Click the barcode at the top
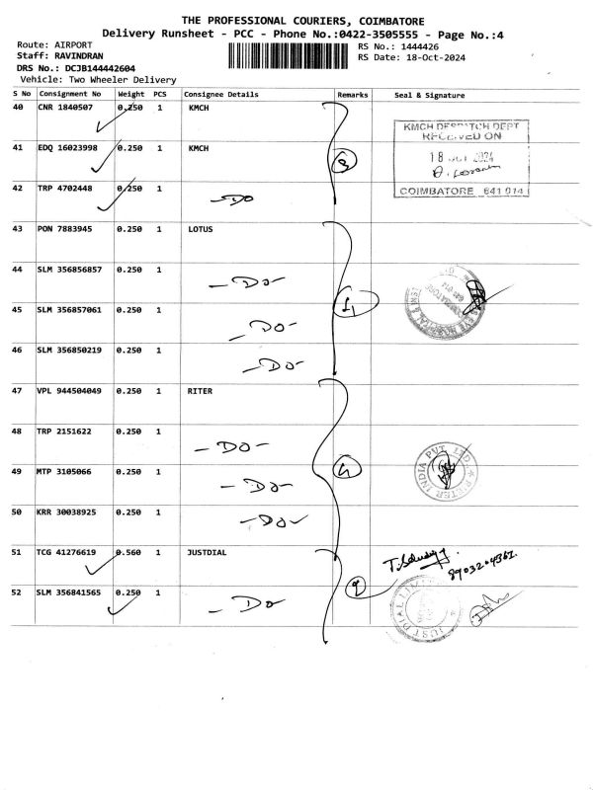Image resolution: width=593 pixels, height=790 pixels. [290, 55]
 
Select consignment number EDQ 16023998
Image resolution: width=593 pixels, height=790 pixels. [67, 148]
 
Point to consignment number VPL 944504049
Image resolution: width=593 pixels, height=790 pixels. [69, 391]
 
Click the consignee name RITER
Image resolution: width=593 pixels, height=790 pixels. [201, 391]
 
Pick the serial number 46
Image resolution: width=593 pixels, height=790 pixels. [18, 351]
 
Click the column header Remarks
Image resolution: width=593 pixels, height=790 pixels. [353, 95]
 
